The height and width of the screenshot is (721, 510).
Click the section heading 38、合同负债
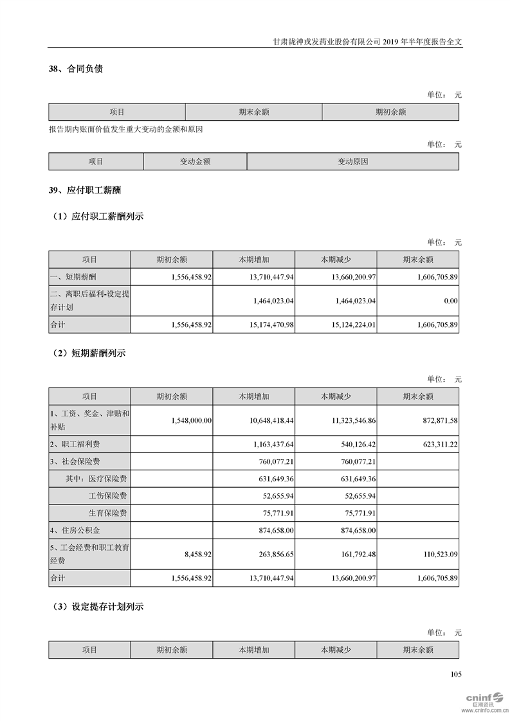point(75,69)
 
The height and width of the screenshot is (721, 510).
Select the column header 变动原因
point(352,162)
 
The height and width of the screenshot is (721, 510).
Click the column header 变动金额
point(195,162)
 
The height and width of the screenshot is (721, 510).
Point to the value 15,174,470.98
point(265,325)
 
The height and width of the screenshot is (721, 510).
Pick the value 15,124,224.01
point(347,325)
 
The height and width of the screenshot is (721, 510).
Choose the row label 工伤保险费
point(107,495)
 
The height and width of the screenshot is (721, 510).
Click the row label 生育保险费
point(107,513)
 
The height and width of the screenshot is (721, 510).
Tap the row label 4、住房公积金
point(75,531)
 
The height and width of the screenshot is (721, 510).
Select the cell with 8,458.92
point(197,553)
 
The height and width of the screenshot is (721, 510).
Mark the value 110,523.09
point(437,553)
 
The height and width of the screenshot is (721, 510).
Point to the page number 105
point(457,675)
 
